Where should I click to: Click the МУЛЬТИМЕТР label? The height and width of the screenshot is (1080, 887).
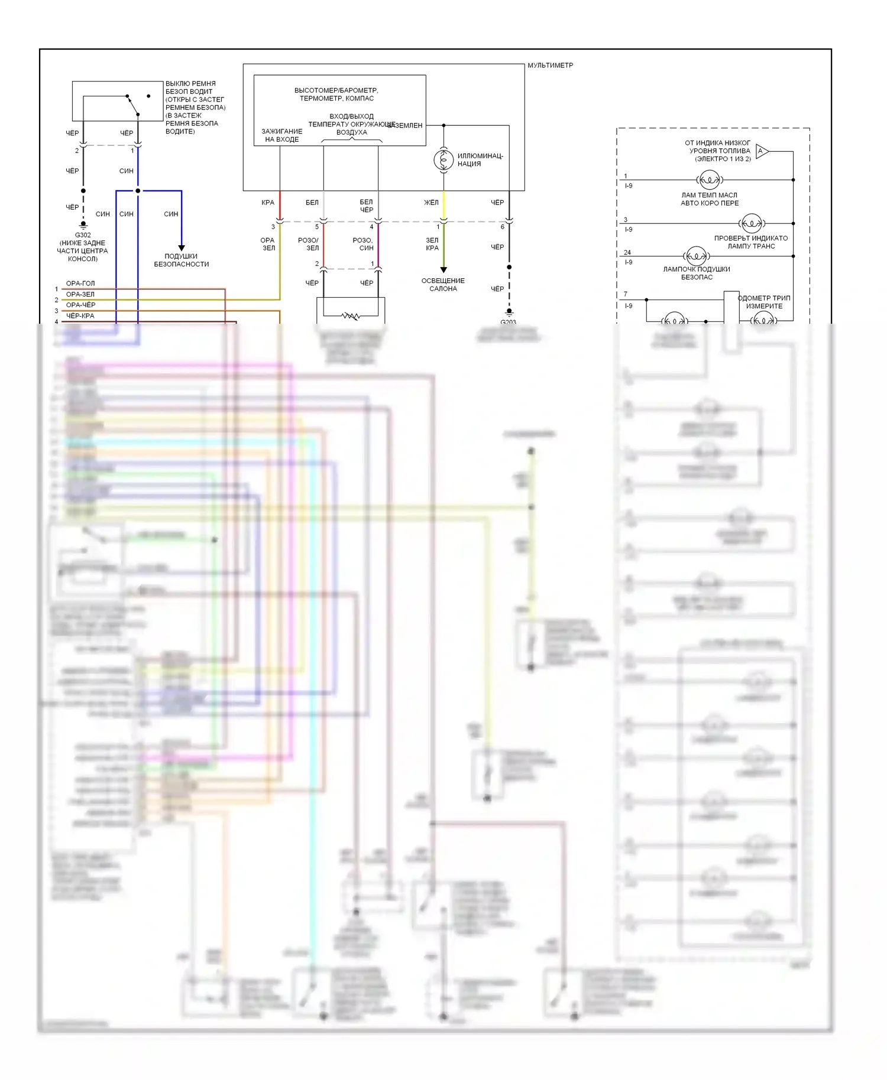click(x=550, y=66)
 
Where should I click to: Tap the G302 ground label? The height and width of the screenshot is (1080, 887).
click(x=83, y=235)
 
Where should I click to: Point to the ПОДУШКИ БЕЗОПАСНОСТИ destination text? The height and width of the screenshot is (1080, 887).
click(x=182, y=261)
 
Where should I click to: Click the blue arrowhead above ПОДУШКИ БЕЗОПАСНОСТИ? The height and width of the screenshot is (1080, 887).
click(x=182, y=248)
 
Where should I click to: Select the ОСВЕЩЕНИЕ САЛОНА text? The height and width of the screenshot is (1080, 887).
click(x=443, y=285)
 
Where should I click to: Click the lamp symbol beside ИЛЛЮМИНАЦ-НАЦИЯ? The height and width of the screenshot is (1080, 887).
click(x=444, y=160)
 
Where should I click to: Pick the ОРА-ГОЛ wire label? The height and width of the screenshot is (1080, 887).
click(x=80, y=284)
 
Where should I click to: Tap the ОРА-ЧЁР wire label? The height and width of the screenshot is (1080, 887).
click(x=80, y=305)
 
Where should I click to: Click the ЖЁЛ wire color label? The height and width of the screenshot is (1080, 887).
click(x=431, y=203)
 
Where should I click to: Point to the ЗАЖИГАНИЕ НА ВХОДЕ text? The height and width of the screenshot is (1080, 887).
click(x=281, y=135)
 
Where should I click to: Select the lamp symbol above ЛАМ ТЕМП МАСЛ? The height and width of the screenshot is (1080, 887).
click(x=709, y=180)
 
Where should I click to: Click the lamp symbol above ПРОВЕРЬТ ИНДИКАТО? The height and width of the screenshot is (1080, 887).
click(x=751, y=223)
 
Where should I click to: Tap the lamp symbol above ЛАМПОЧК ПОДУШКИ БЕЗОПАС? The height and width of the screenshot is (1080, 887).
click(x=696, y=256)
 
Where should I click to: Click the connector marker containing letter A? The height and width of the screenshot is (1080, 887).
click(x=762, y=151)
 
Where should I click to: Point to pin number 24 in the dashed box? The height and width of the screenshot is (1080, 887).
click(x=627, y=252)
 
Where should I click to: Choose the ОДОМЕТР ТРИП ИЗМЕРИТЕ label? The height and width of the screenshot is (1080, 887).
click(x=764, y=302)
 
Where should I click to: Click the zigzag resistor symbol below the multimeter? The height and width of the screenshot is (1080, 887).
click(x=351, y=316)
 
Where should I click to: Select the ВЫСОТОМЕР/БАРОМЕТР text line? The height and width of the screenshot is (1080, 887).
click(x=336, y=90)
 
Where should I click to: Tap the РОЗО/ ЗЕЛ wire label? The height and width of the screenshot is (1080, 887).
click(x=308, y=244)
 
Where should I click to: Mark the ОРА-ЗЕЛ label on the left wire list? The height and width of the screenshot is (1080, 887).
click(x=80, y=294)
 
